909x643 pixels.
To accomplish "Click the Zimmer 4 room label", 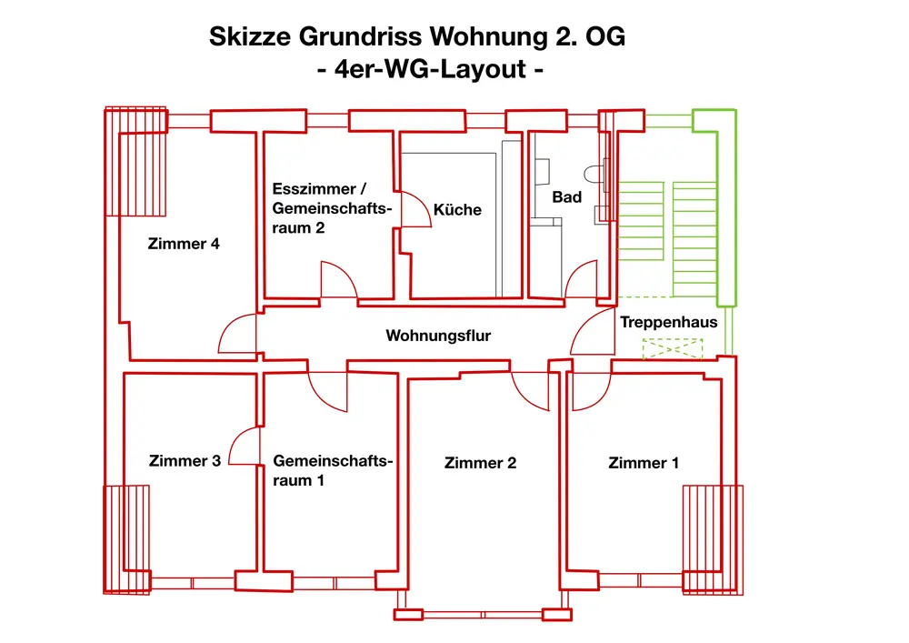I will coord(184,244).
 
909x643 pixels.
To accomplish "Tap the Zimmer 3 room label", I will coord(185,461).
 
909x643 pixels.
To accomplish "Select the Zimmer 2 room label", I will coord(480,463).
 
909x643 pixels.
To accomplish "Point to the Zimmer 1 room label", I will coord(644,463).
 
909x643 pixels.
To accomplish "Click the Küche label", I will coord(457,209).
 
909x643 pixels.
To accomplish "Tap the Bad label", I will coord(566,196).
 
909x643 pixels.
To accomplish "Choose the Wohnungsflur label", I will coord(438,336).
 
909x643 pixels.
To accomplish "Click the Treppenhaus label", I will coord(668,322).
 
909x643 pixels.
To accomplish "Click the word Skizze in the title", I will coord(249,37).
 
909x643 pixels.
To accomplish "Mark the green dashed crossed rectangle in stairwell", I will coord(673,348).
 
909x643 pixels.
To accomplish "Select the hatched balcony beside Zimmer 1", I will coord(713,539).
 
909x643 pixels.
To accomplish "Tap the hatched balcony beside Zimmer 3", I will coord(126,539).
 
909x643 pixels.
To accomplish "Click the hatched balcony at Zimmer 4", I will coord(135,162).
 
